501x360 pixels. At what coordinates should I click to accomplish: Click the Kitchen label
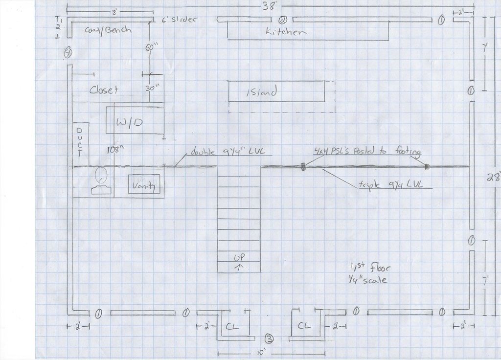(286, 32)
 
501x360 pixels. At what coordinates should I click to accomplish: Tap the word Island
(261, 91)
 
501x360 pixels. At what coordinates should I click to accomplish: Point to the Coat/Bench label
(108, 30)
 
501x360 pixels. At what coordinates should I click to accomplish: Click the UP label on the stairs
(239, 257)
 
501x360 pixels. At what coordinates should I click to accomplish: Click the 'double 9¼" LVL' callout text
(218, 151)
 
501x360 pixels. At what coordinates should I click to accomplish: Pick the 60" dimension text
(149, 48)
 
